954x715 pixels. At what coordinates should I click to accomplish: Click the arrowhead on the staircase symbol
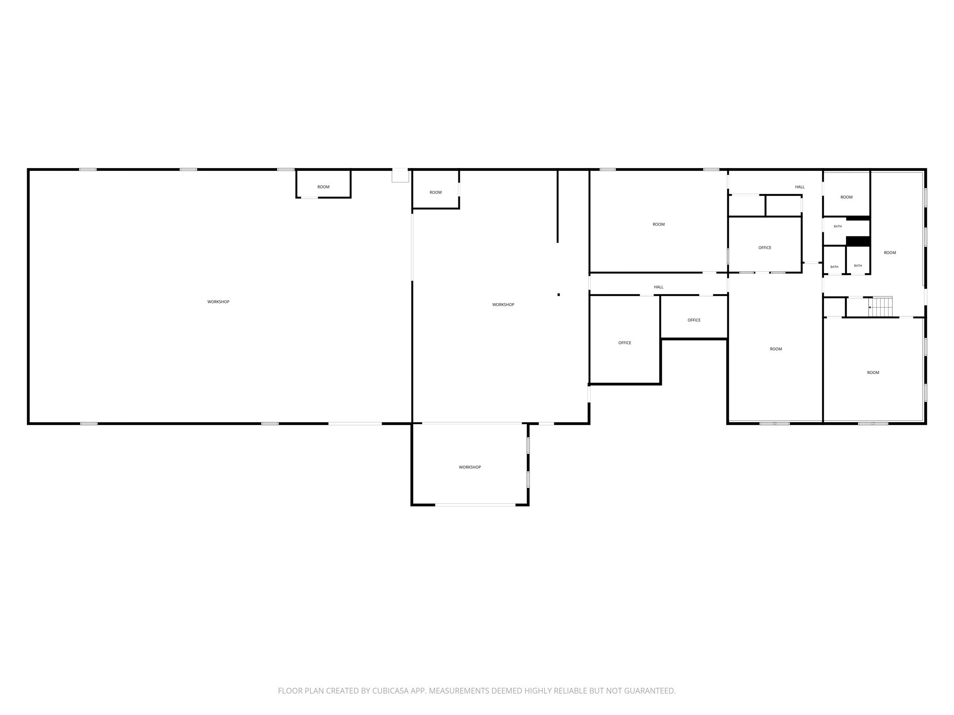pos(870,307)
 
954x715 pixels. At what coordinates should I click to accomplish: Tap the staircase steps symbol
pos(881,307)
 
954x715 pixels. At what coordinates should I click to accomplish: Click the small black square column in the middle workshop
pos(559,295)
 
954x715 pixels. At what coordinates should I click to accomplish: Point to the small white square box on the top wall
pos(400,175)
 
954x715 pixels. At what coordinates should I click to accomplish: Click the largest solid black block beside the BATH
pos(858,241)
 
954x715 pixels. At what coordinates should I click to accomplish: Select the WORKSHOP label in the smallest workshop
pos(470,467)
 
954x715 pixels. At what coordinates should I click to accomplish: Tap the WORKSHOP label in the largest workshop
pos(218,302)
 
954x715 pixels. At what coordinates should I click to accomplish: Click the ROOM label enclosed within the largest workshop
pos(323,187)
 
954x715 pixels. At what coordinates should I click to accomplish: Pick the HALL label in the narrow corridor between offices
pos(658,287)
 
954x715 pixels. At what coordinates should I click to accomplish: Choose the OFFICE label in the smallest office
pos(694,320)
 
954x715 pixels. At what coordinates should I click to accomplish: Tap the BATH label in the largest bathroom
pos(838,227)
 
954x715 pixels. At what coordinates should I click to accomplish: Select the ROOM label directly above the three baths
pos(846,197)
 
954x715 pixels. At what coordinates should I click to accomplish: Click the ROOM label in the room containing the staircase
pos(890,253)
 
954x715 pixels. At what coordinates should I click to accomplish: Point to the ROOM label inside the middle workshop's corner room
pos(436,193)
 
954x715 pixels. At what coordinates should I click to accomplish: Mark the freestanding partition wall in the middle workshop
pos(558,206)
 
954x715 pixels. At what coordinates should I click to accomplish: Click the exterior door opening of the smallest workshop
pos(475,505)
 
